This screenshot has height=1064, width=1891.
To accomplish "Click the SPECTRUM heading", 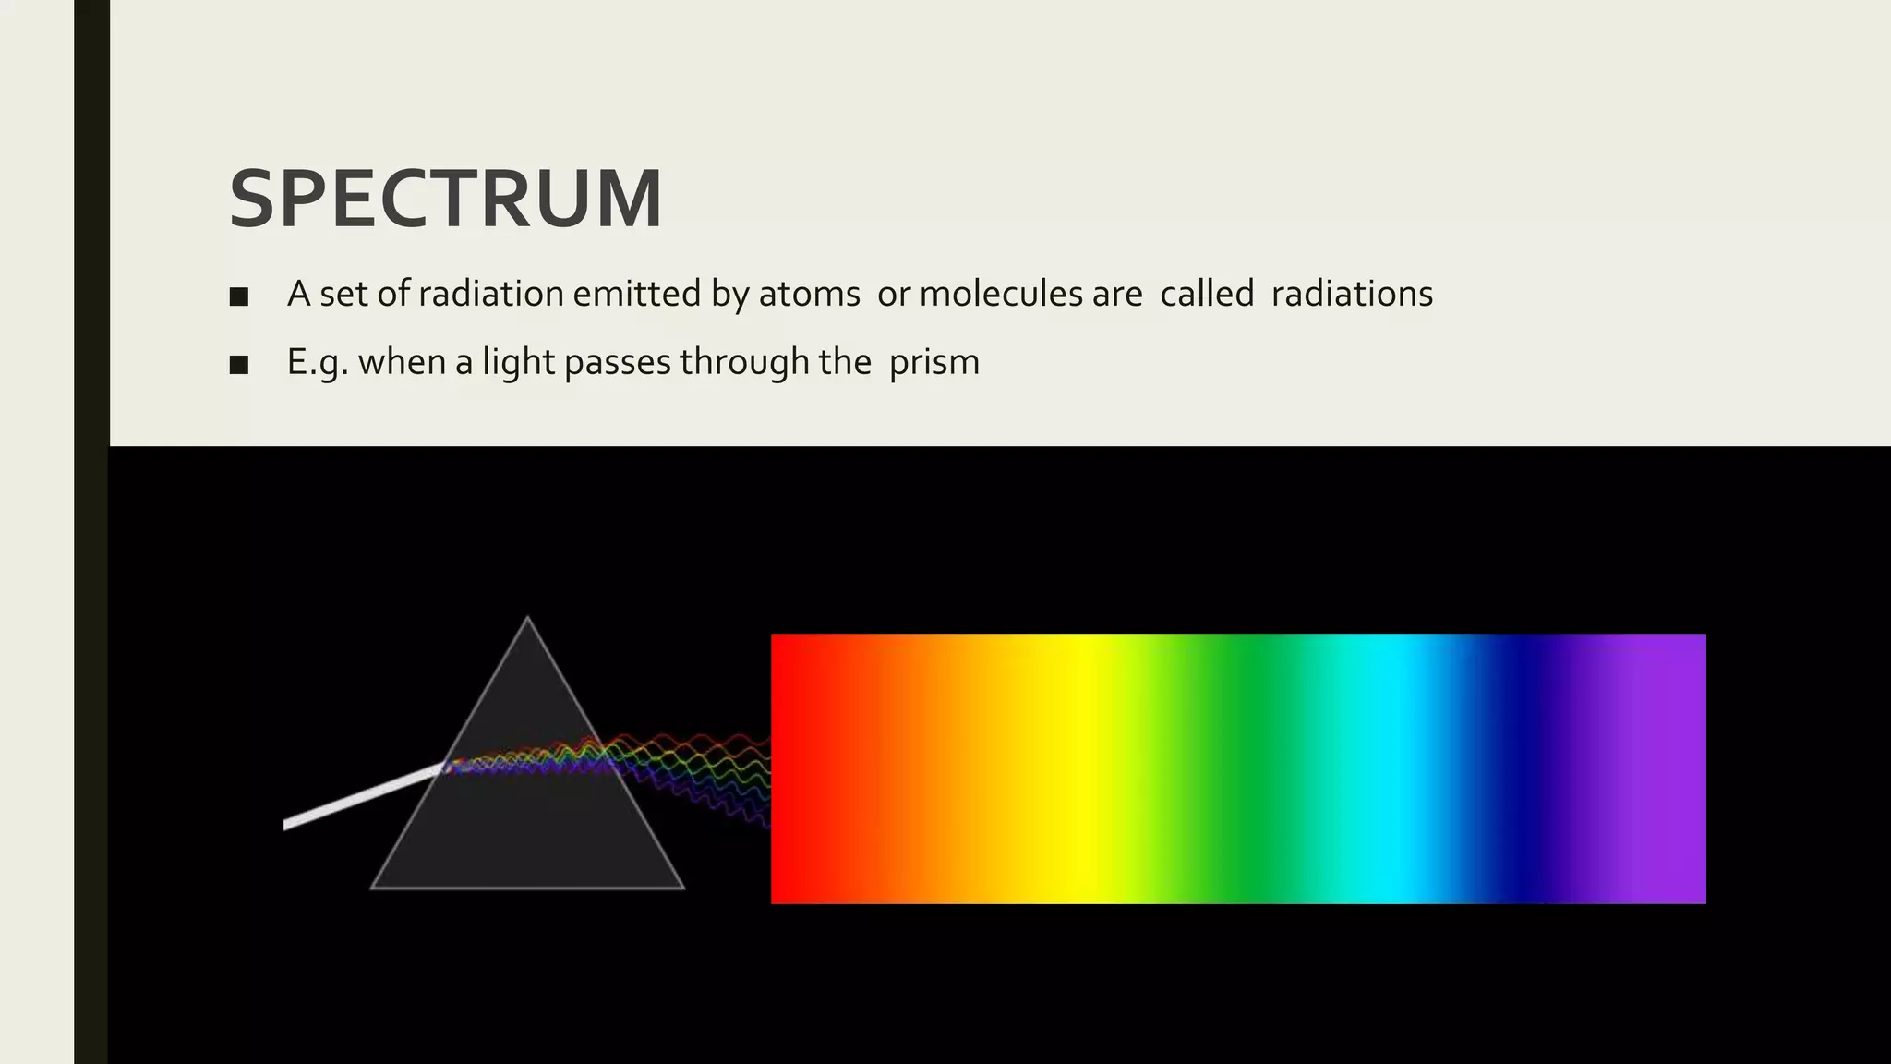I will click(x=445, y=199).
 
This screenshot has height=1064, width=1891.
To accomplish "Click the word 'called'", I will click(x=1207, y=294).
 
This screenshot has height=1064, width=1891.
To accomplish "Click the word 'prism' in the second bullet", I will click(x=933, y=362).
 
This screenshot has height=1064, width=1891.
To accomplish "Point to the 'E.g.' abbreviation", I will click(x=318, y=362).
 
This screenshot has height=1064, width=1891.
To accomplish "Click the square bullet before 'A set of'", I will click(x=239, y=296).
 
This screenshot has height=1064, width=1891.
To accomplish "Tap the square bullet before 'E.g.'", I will click(x=239, y=365).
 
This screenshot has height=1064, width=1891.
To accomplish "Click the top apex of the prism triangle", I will click(x=527, y=618).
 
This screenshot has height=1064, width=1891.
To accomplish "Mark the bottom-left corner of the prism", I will click(x=373, y=888).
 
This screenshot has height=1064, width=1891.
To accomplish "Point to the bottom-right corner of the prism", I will click(x=682, y=888).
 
